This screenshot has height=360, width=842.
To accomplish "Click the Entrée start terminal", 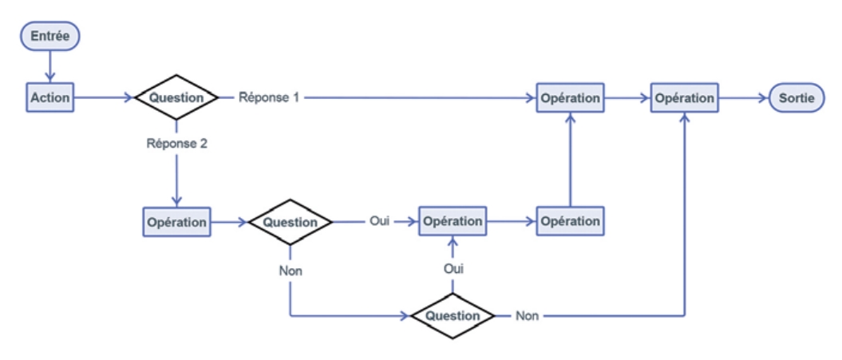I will [x=50, y=36].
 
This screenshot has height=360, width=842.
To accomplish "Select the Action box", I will [x=50, y=98].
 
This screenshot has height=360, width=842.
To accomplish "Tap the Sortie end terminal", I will [x=796, y=98].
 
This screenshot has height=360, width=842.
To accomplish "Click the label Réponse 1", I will [x=269, y=98].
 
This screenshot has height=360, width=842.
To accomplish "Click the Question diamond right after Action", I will [x=176, y=98].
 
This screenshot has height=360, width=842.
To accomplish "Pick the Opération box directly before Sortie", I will [x=684, y=98].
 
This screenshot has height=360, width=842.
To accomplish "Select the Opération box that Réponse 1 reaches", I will [x=570, y=98].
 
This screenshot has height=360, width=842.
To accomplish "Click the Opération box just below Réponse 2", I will [x=177, y=222].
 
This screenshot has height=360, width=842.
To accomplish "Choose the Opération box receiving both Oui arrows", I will [x=453, y=221].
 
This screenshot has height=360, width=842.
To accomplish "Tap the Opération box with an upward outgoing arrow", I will [x=570, y=221].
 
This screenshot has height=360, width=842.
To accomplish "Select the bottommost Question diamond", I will [x=453, y=315].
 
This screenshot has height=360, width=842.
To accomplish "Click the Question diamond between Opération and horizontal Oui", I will [x=290, y=222].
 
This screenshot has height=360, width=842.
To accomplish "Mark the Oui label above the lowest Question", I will [x=453, y=269].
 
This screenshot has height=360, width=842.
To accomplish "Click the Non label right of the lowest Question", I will [x=528, y=315].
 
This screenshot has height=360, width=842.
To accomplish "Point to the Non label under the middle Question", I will [x=290, y=271].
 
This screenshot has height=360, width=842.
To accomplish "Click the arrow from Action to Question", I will [x=104, y=98].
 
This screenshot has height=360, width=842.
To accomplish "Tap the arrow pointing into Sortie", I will [x=742, y=98].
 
